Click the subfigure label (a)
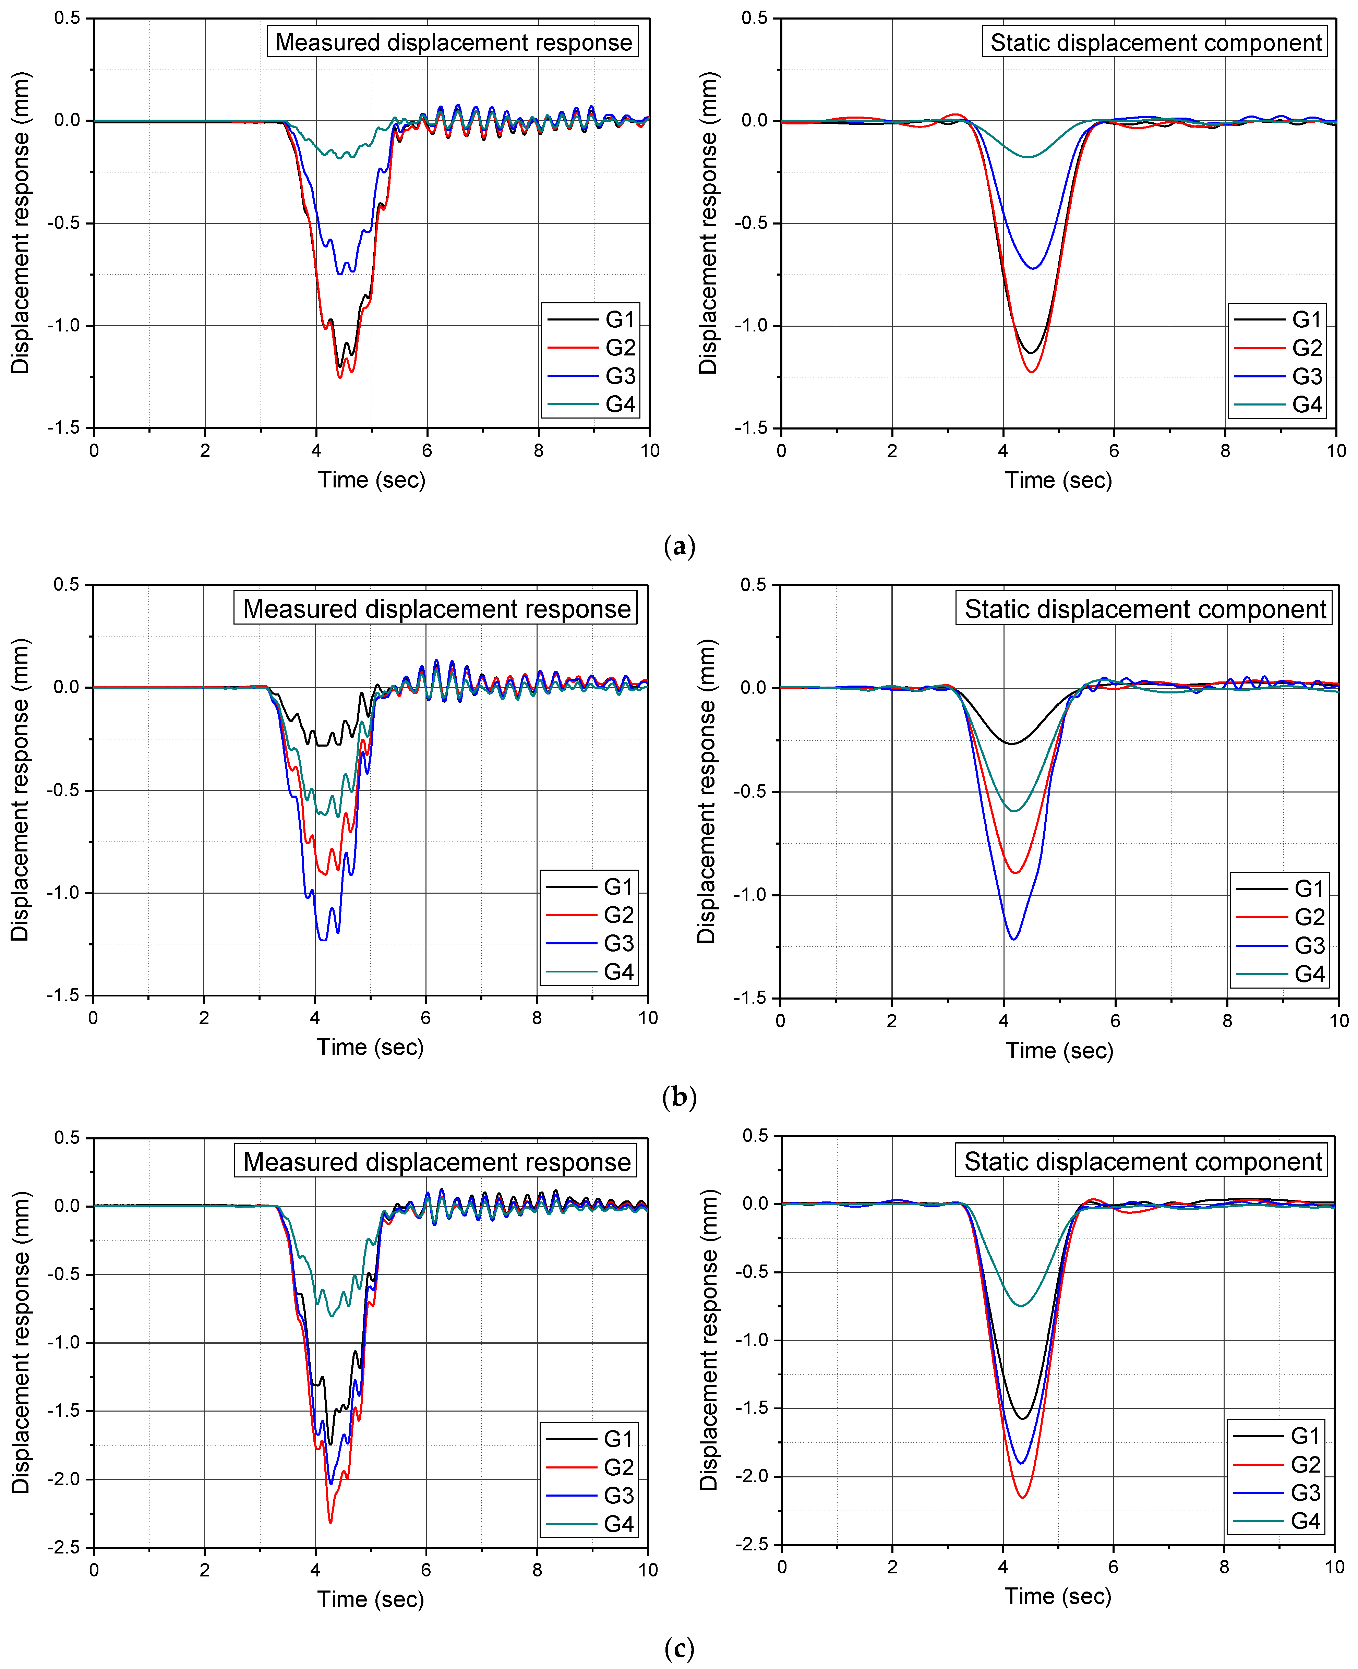679,546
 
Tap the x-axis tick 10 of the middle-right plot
1338,1021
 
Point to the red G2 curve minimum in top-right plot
1033,372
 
